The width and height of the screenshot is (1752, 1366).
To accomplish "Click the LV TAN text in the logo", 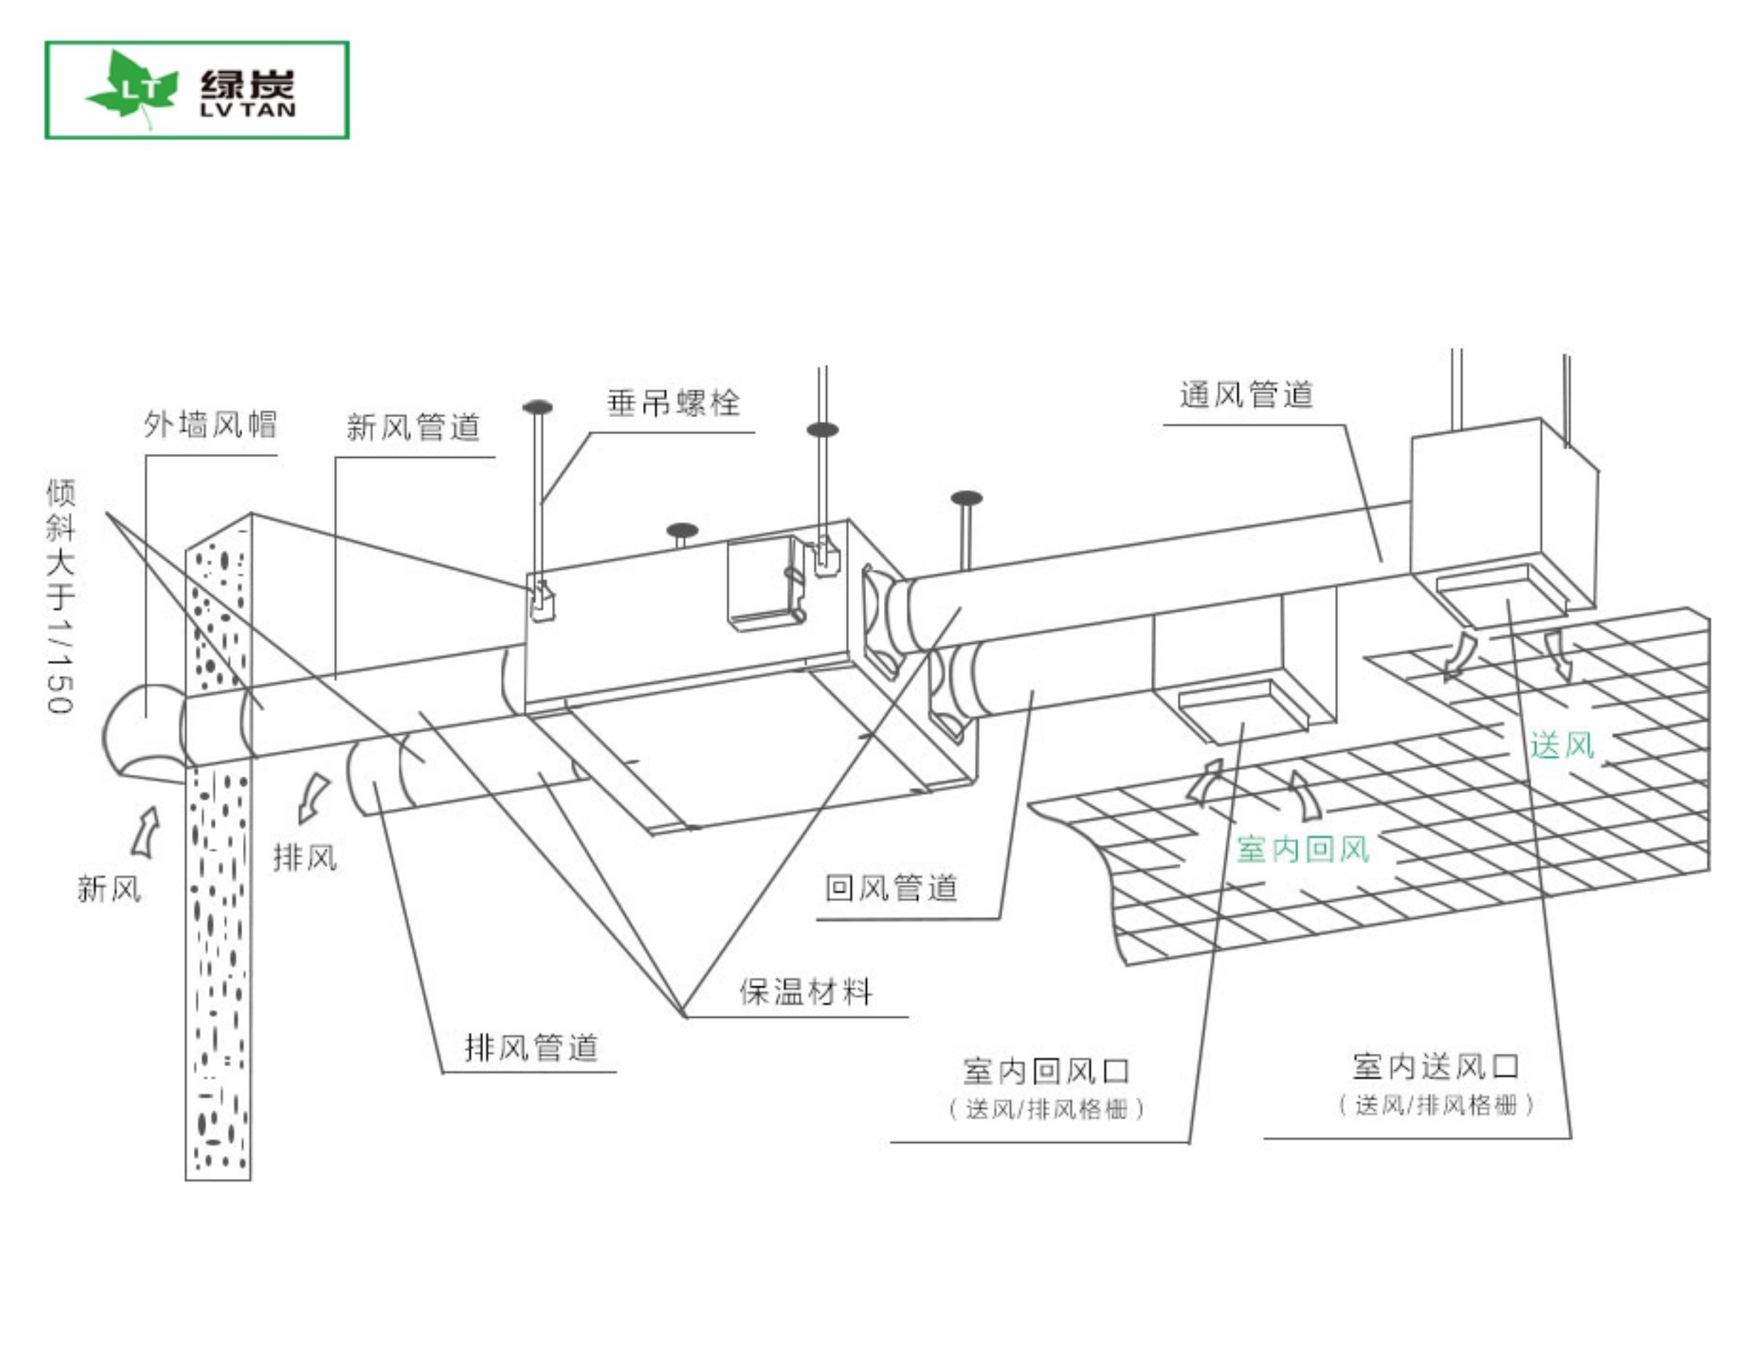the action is [x=248, y=110].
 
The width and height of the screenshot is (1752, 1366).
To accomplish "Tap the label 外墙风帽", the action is [x=210, y=424].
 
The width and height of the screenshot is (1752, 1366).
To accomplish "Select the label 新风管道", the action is [x=413, y=427].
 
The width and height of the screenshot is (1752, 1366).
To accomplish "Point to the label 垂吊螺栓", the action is [x=673, y=403].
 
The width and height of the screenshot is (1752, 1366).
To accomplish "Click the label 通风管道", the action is [x=1246, y=395].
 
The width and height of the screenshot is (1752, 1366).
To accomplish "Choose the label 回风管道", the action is [x=891, y=888].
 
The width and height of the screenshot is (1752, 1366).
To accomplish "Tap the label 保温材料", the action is [x=806, y=992].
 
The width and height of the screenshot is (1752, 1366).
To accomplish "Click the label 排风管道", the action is [x=531, y=1048].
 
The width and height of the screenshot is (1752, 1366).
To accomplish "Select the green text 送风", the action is [x=1562, y=746].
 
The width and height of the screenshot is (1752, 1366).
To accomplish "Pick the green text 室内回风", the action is [x=1303, y=849].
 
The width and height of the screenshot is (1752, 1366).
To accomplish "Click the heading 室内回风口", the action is [x=1047, y=1070].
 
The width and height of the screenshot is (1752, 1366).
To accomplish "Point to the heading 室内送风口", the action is [x=1436, y=1067].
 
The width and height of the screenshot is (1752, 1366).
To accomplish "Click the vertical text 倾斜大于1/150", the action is [x=60, y=596].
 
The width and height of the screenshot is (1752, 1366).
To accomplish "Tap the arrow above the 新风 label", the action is [x=146, y=832].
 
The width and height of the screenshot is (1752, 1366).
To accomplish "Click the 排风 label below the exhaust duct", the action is [x=305, y=858].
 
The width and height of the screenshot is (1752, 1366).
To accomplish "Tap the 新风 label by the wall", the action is [x=109, y=888].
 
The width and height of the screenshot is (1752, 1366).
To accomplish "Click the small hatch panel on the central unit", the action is [x=766, y=582].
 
